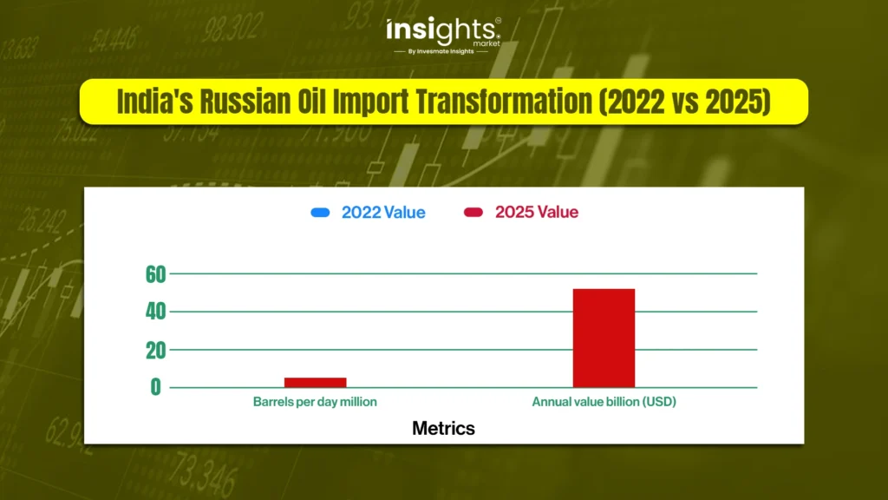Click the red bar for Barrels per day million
315,383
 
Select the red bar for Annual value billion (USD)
604,339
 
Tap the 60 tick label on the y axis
156,275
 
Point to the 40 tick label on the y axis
156,312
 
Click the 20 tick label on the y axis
156,351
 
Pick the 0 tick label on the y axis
156,388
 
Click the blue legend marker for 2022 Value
320,213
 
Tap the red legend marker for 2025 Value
473,212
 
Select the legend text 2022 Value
383,213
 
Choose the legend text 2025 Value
537,212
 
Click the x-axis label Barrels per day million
315,402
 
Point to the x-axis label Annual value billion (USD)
604,402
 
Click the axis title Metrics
443,429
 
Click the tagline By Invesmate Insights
441,51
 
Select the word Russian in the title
245,102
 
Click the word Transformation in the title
504,102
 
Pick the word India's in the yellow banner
154,102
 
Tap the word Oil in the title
312,102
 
